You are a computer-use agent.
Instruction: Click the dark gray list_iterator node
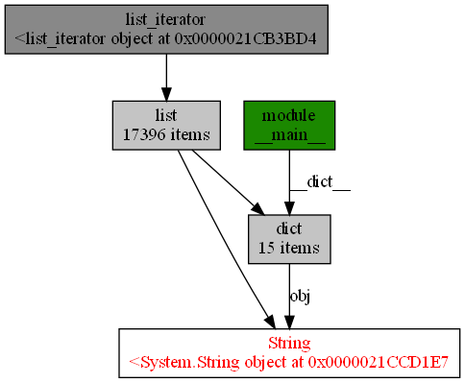point(167,29)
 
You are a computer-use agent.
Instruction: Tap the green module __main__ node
point(289,125)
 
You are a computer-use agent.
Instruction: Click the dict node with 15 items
point(289,238)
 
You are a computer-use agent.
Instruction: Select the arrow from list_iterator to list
point(167,77)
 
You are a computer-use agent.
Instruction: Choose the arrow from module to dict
point(289,182)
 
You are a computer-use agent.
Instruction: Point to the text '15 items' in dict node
point(289,248)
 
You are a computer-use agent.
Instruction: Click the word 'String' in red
point(289,343)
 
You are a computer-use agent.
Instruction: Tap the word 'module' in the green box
point(289,115)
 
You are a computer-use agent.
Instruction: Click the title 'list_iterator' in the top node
point(167,19)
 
